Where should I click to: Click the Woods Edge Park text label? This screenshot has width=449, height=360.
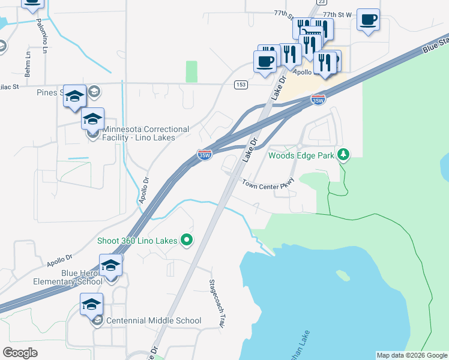click(301, 155)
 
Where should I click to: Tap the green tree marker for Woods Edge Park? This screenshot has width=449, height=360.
click(343, 155)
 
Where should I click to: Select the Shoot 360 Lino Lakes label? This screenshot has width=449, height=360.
click(137, 241)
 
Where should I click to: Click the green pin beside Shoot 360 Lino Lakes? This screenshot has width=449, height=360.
click(186, 241)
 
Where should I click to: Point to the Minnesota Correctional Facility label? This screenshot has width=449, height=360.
click(146, 133)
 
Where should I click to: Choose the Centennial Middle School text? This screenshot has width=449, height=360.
click(154, 320)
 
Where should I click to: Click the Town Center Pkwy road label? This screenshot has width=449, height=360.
click(268, 183)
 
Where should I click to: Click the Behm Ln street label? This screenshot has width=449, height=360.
click(28, 63)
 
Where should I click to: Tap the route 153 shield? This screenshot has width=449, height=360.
click(241, 85)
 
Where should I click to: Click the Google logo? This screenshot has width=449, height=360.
click(20, 352)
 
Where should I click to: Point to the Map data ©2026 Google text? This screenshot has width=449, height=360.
click(411, 355)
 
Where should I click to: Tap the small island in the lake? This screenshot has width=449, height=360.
click(343, 275)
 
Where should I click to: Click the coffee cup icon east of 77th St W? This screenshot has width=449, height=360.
click(368, 20)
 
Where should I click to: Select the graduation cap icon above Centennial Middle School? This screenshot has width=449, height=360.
click(91, 304)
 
